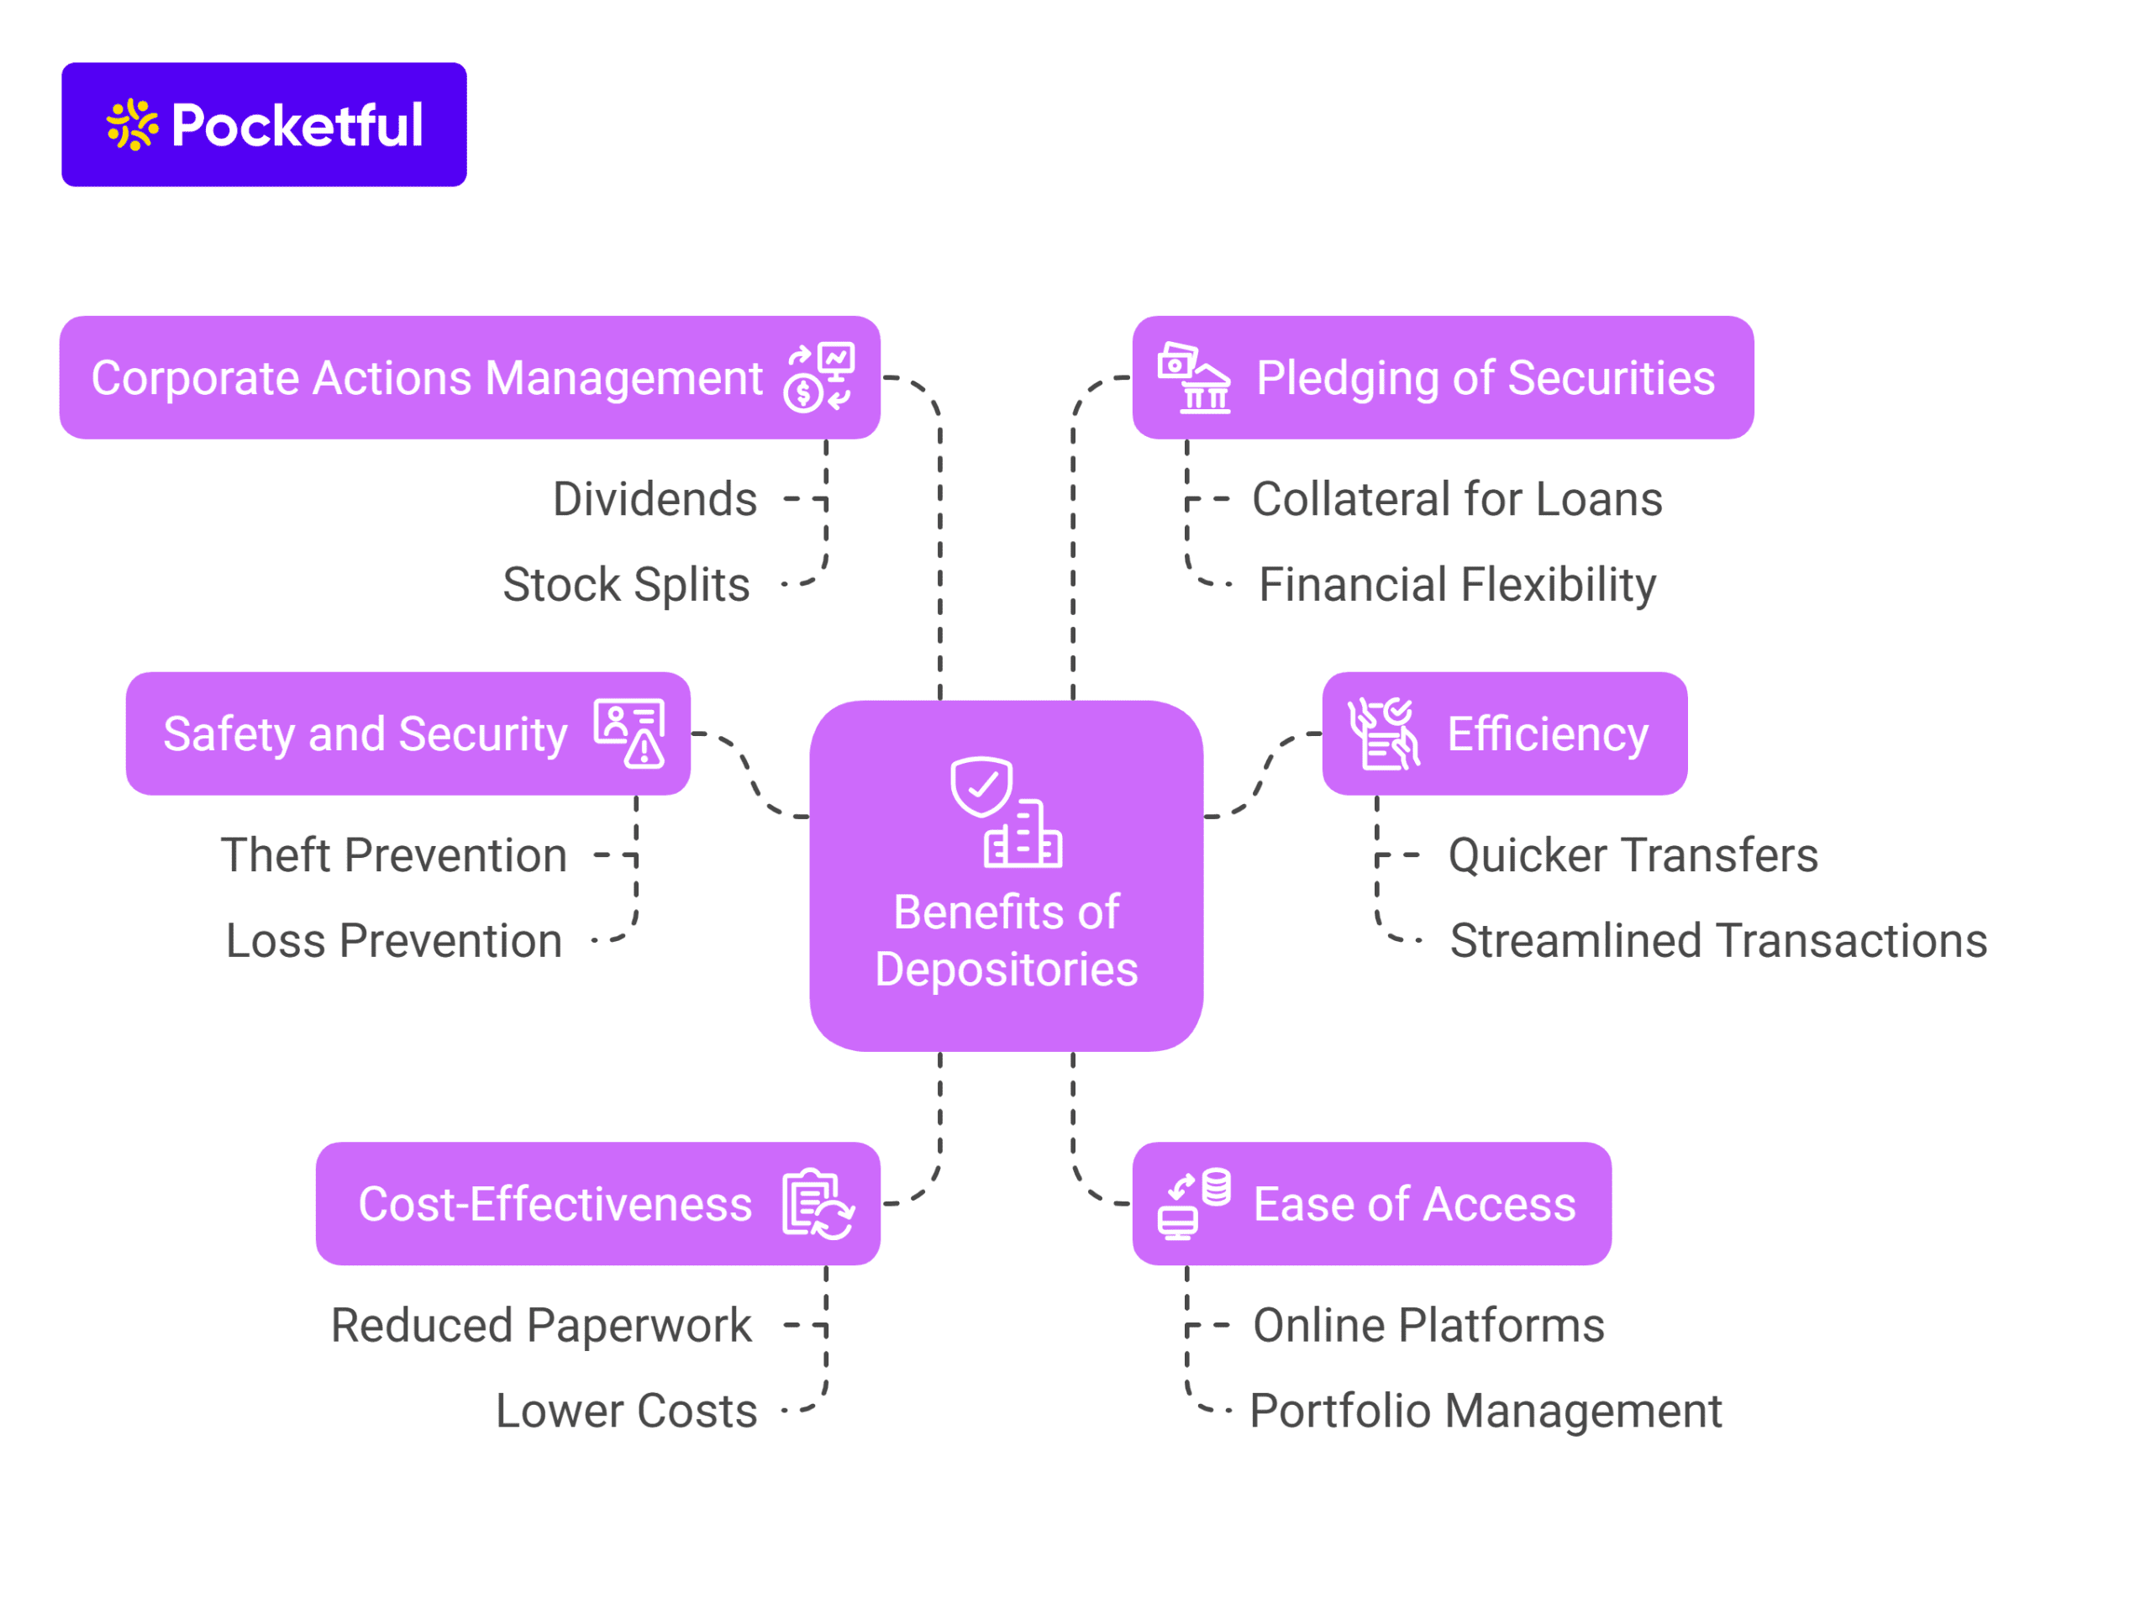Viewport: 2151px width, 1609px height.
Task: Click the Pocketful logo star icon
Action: click(x=131, y=124)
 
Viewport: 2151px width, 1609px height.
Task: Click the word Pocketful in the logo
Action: click(x=297, y=125)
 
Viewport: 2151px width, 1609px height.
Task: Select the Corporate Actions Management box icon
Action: click(x=818, y=377)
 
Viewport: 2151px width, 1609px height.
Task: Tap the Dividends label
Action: click(x=655, y=500)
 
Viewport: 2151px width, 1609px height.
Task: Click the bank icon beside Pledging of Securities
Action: click(x=1194, y=378)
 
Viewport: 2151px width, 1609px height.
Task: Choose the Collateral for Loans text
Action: click(x=1457, y=500)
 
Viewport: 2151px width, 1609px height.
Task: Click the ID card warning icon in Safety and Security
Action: click(x=630, y=733)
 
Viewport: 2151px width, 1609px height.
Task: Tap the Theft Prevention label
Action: click(x=394, y=855)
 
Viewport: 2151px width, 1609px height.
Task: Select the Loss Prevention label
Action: click(x=394, y=941)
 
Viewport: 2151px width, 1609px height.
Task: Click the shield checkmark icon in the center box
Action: click(x=982, y=786)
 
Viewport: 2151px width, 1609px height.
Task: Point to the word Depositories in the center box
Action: click(x=1007, y=970)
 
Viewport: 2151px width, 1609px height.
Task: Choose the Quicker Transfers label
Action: click(x=1633, y=855)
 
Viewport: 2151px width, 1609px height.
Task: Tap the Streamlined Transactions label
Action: click(x=1718, y=941)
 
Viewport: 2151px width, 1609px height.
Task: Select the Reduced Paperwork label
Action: click(x=540, y=1326)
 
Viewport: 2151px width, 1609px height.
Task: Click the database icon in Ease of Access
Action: click(x=1216, y=1188)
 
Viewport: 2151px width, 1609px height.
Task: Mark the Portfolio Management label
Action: click(x=1485, y=1412)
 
